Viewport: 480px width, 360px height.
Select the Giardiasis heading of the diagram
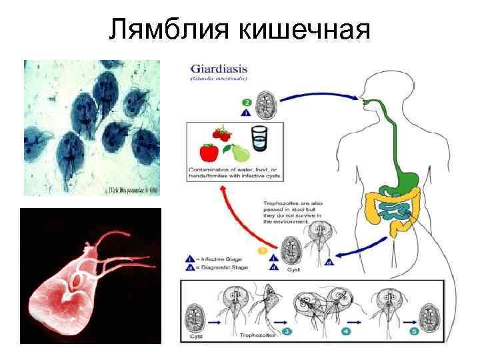click(216, 68)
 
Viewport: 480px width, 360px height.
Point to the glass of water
click(259, 141)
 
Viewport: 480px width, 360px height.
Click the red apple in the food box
click(209, 152)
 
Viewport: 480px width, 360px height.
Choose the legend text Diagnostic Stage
click(226, 269)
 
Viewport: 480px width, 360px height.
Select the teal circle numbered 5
click(414, 331)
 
